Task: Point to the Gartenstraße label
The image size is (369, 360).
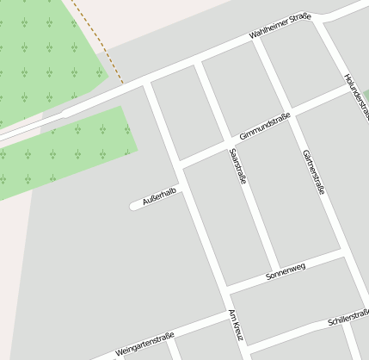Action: coord(314,172)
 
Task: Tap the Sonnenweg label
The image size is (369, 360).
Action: coord(286,271)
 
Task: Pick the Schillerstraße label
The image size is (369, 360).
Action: coord(347,319)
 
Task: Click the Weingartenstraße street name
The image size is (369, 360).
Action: coord(145,343)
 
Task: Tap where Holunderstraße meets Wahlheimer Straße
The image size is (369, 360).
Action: coord(320,17)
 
